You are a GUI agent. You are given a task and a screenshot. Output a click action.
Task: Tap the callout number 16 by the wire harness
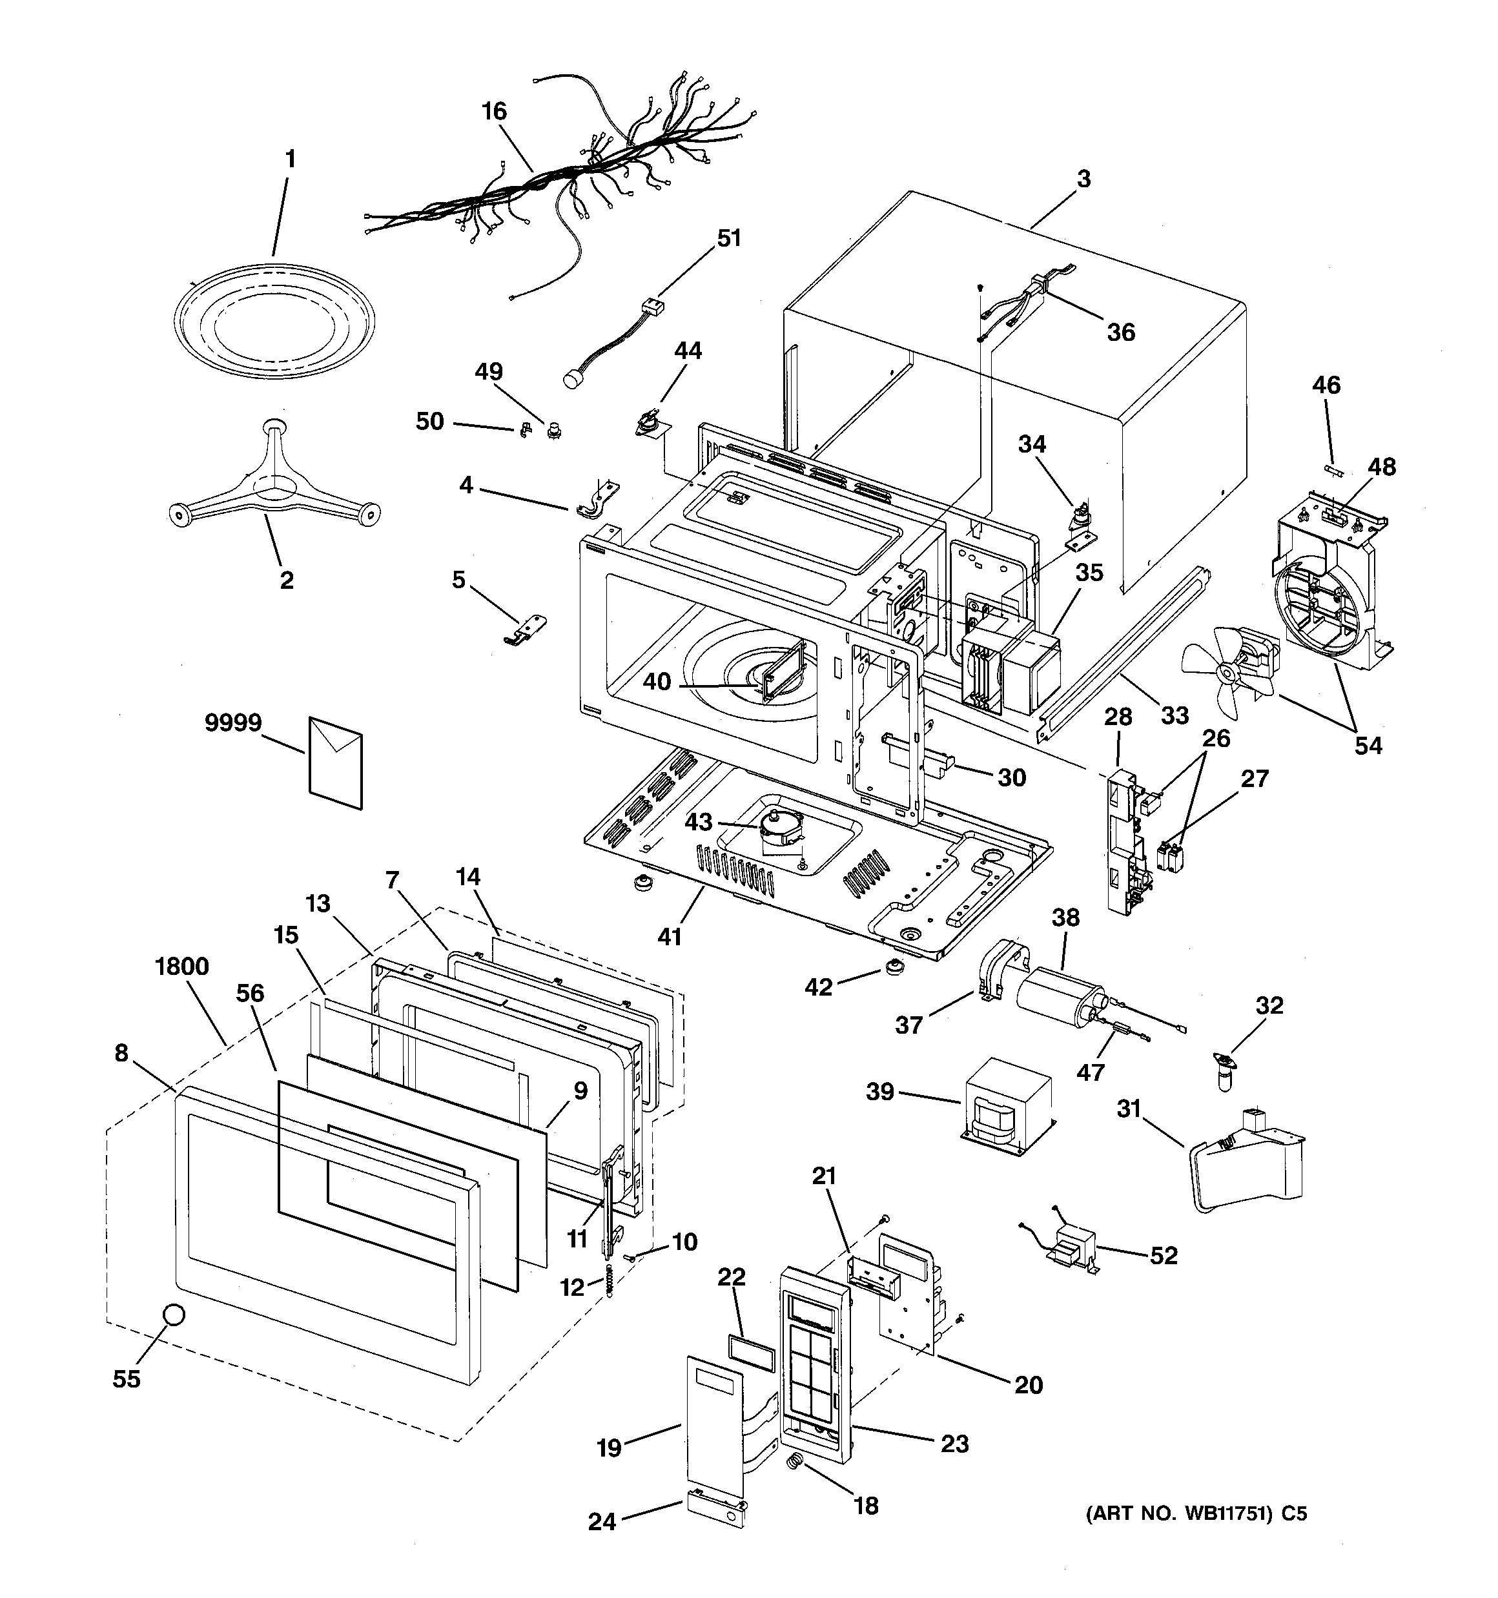[494, 112]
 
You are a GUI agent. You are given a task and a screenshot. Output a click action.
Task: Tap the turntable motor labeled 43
[780, 830]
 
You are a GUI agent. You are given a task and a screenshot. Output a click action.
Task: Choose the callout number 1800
[183, 966]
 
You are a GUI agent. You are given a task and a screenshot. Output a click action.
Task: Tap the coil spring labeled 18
[794, 1466]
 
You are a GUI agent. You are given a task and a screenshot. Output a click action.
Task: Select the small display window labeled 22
[751, 1355]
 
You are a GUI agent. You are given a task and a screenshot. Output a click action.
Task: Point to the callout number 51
[728, 239]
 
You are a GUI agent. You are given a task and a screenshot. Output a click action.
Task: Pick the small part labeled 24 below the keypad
[715, 1510]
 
